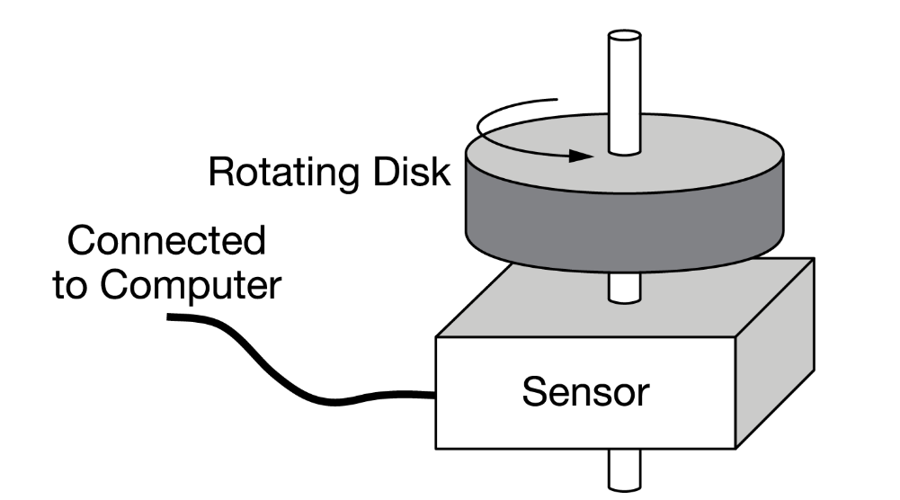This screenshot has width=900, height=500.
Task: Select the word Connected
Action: tap(167, 242)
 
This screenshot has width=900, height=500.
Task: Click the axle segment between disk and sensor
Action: tap(624, 288)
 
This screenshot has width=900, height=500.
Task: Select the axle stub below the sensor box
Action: tap(624, 469)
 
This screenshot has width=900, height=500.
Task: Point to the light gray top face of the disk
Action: tap(701, 153)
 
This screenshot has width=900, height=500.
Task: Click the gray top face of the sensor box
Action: tap(539, 306)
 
